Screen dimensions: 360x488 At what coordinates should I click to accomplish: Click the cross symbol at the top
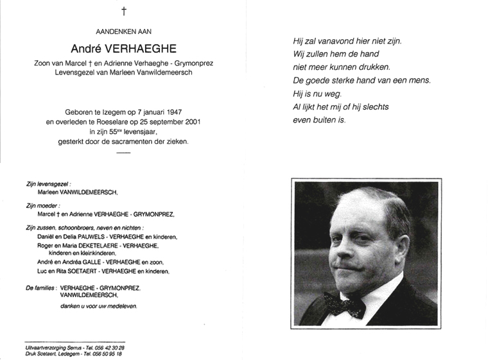tap(124, 11)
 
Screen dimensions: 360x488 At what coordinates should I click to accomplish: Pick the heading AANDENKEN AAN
tap(123, 31)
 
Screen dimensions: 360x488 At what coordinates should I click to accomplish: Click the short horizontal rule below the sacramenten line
tap(123, 152)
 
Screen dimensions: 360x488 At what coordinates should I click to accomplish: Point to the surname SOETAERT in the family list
tap(83, 271)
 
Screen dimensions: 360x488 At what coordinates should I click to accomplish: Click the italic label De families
tap(39, 289)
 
